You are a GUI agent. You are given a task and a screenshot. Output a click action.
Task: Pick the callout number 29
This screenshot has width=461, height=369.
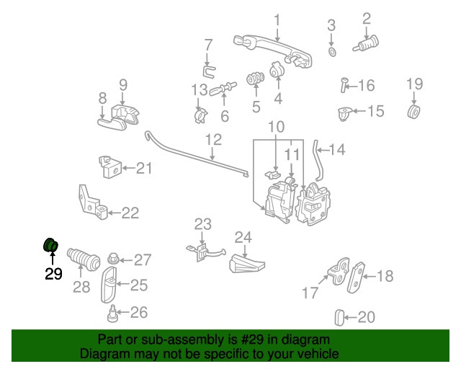(x=53, y=274)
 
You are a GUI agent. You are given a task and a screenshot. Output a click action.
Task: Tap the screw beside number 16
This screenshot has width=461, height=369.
(x=344, y=86)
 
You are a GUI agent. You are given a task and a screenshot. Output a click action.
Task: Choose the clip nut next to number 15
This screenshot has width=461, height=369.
(x=345, y=112)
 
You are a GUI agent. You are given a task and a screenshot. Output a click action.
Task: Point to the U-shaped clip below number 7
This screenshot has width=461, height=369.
(x=207, y=70)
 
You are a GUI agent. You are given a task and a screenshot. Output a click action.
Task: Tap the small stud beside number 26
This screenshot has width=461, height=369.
(x=112, y=314)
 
